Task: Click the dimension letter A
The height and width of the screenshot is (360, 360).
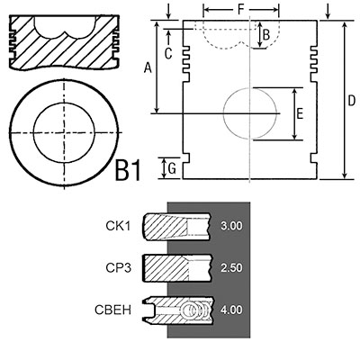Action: (148, 67)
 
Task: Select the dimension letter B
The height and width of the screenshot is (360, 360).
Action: (266, 35)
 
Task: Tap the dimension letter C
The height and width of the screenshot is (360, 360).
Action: (168, 54)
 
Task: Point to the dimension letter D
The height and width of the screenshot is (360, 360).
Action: (352, 101)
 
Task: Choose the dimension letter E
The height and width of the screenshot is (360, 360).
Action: (300, 114)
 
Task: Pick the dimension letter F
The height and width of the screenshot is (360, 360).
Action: (241, 10)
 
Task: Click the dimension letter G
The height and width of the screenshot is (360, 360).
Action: (172, 169)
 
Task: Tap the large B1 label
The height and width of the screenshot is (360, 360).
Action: (128, 170)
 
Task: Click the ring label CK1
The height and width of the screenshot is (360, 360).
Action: (118, 226)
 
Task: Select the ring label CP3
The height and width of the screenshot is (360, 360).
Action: (119, 268)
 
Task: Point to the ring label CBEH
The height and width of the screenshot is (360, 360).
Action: (113, 310)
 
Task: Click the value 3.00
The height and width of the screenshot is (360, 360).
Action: (231, 226)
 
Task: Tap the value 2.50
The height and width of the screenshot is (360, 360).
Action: (231, 267)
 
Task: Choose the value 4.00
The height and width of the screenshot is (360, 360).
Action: (231, 310)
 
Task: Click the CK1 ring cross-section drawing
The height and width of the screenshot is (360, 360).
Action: (176, 227)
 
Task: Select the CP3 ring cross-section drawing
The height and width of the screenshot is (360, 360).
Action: (177, 268)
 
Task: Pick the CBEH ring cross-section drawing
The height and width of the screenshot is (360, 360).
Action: (179, 310)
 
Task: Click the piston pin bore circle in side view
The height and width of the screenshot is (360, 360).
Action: (223, 113)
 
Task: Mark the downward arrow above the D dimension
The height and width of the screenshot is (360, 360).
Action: (328, 12)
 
